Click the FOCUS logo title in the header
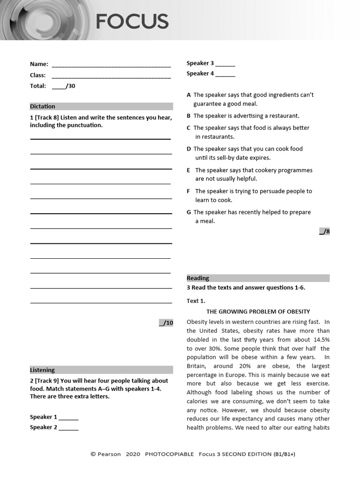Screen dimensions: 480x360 click(x=132, y=22)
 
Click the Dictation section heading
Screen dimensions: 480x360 click(x=43, y=106)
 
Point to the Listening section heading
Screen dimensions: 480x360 click(x=42, y=370)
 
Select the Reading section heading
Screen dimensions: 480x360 click(x=198, y=278)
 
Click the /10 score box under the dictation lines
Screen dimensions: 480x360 click(x=166, y=322)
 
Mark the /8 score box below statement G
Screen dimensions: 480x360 click(x=324, y=231)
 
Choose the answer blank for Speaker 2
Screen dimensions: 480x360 click(x=68, y=428)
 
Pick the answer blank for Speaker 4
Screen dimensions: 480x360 click(x=225, y=74)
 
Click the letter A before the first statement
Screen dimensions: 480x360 click(x=189, y=95)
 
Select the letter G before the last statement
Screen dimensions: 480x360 click(x=189, y=212)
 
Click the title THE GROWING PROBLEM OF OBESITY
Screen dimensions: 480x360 click(x=258, y=312)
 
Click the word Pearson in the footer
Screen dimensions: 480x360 click(x=109, y=454)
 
